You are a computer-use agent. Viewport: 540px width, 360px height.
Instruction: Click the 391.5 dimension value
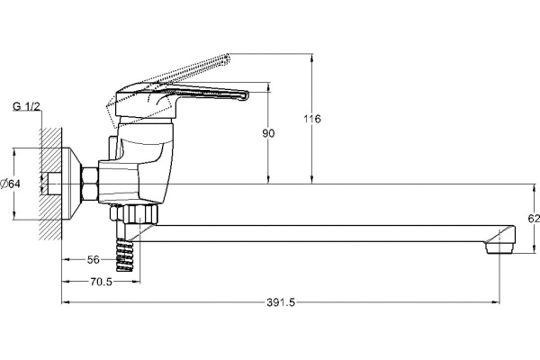point(281,302)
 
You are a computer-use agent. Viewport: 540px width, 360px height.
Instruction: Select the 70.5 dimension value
point(101,282)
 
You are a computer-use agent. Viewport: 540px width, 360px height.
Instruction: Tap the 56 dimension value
point(93,260)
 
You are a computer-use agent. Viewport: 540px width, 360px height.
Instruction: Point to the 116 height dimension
point(312,119)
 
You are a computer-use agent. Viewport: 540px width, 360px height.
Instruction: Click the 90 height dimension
point(268,133)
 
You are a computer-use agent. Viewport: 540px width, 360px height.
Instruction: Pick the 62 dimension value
point(534,218)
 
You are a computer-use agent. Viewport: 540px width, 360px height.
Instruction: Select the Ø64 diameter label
point(10,184)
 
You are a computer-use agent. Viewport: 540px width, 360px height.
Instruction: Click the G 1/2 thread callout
point(26,106)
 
